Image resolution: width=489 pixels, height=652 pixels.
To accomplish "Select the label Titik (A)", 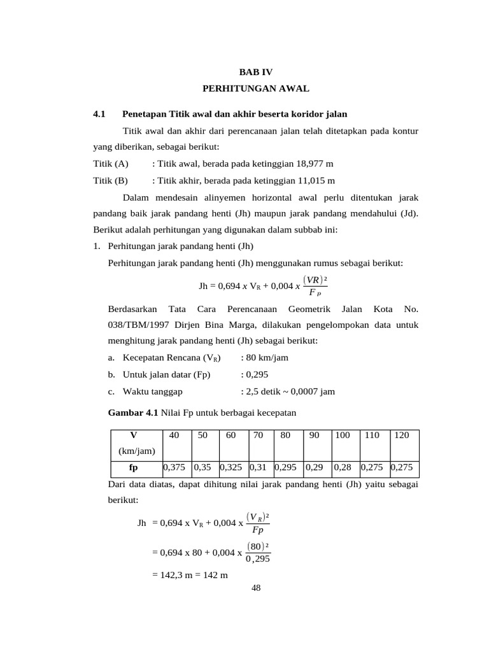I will click(x=111, y=164).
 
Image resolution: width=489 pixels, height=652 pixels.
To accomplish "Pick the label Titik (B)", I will click(x=111, y=180).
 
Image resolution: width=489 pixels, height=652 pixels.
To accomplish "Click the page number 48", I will click(x=256, y=588).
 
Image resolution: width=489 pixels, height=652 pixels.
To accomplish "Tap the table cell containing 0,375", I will click(x=174, y=467).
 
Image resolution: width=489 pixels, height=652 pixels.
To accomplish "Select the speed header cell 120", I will click(x=402, y=435).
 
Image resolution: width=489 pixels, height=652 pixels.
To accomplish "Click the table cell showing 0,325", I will click(x=231, y=467).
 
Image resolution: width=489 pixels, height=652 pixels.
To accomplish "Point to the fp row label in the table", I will click(x=134, y=467).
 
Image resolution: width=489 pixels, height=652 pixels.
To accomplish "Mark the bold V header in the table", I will click(x=134, y=435).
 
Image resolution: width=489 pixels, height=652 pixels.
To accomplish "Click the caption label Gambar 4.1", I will click(x=133, y=413).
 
